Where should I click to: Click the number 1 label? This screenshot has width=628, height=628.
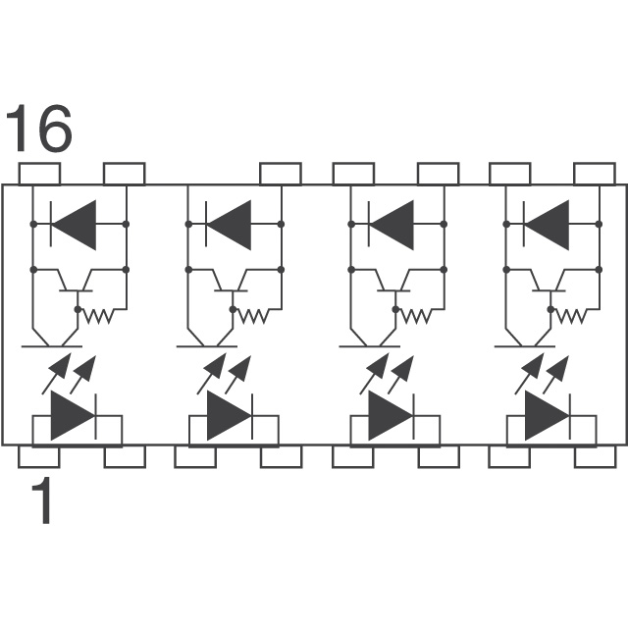tap(41, 503)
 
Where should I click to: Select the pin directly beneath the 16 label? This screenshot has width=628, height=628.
tap(39, 175)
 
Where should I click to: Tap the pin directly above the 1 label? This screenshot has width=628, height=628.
tap(39, 456)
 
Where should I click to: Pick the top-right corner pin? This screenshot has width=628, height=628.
tap(595, 175)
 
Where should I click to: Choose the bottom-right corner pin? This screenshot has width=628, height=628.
tap(595, 456)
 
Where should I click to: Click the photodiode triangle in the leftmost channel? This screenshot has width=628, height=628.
tap(74, 224)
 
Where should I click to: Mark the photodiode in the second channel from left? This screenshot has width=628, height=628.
tap(229, 224)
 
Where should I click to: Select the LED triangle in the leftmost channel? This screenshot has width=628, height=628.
tap(72, 416)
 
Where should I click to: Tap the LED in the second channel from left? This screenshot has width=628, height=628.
tap(228, 416)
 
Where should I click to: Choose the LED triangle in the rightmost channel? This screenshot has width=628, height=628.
tap(546, 416)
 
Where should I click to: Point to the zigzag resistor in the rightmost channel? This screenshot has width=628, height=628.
tap(575, 316)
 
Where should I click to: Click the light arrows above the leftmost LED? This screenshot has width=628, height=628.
tap(71, 371)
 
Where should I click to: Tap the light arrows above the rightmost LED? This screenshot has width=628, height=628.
tap(545, 371)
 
